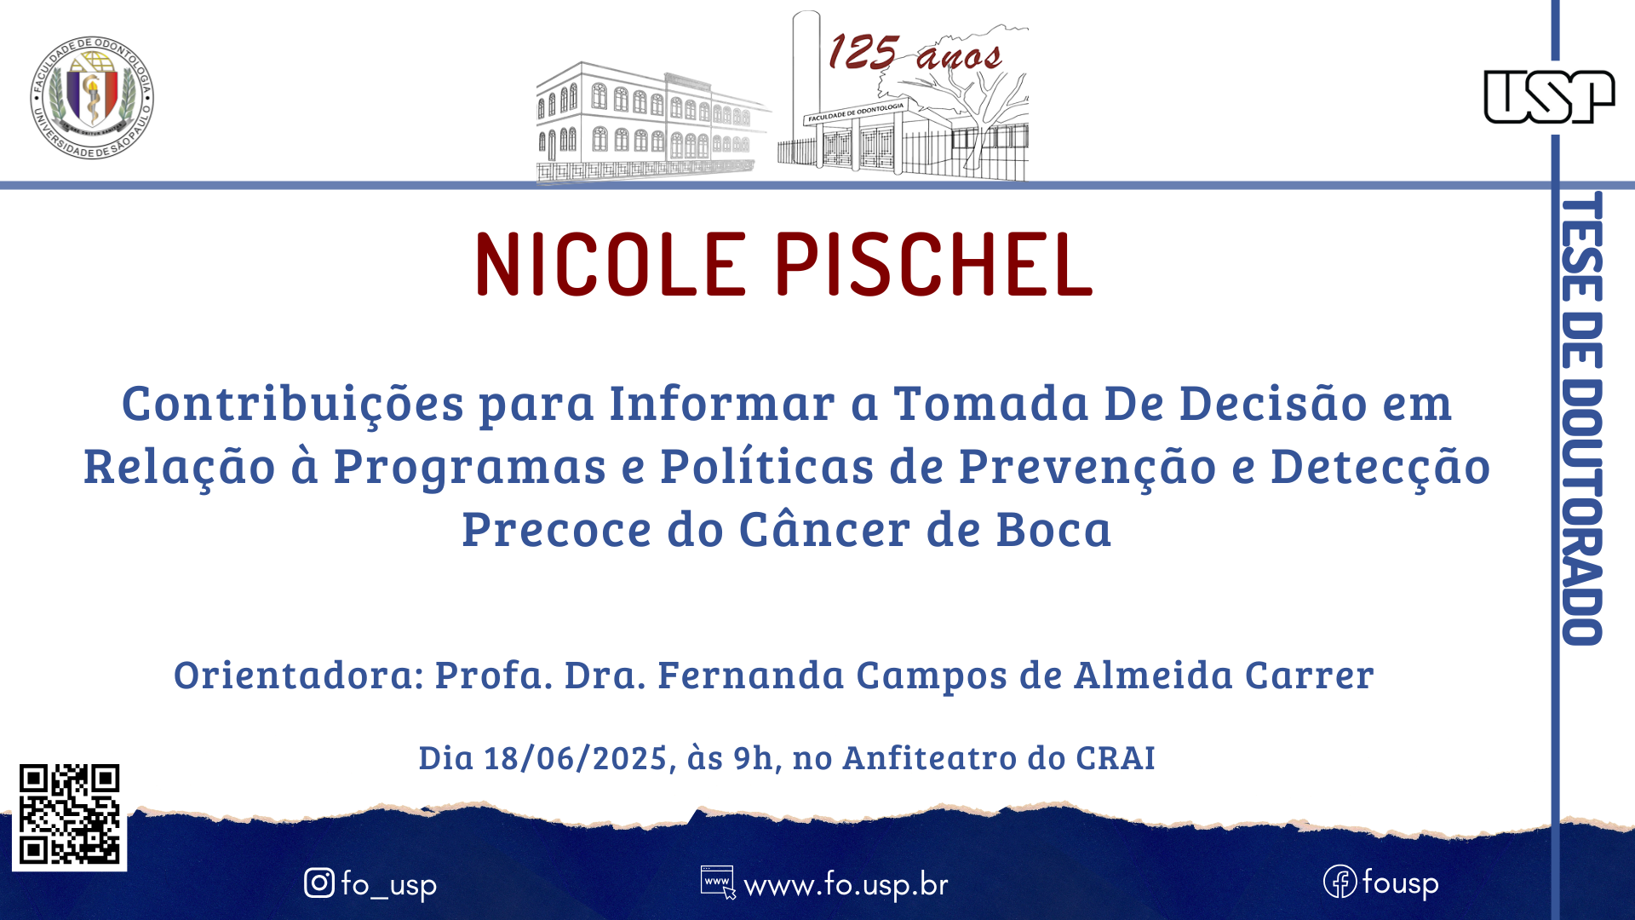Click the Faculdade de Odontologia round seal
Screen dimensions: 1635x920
[x=92, y=98]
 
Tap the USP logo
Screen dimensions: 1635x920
[x=1549, y=96]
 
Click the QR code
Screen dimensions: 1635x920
[x=70, y=814]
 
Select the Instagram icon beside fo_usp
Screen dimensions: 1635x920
[x=319, y=883]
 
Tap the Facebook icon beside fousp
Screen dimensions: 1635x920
[x=1340, y=882]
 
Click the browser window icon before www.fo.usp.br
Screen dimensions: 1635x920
[x=718, y=883]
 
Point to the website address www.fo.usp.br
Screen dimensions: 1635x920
[x=846, y=885]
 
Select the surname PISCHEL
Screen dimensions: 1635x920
[x=934, y=264]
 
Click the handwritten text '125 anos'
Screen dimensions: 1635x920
[x=915, y=53]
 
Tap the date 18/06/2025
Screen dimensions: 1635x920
[x=575, y=757]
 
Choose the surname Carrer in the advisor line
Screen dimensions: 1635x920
[x=1310, y=675]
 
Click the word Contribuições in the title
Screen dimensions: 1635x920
[x=293, y=403]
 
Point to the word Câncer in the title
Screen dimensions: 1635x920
[x=825, y=528]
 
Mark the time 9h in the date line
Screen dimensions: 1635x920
[x=753, y=757]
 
